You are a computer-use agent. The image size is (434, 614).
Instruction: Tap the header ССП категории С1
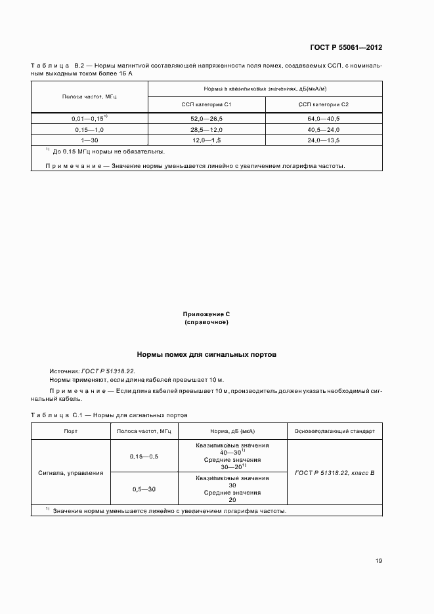(x=206, y=105)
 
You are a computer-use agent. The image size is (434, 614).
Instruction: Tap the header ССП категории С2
(x=323, y=105)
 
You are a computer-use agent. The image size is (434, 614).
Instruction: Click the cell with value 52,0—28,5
(x=206, y=119)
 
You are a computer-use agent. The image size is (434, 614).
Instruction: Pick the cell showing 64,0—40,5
(x=323, y=119)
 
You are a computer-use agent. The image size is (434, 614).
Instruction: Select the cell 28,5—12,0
(x=206, y=130)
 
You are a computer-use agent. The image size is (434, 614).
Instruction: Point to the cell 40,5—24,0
(x=323, y=130)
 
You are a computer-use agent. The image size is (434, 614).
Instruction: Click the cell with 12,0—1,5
(x=206, y=140)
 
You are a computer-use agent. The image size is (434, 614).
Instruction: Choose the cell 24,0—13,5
(x=323, y=140)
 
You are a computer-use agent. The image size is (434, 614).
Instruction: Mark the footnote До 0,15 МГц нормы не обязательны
(x=108, y=152)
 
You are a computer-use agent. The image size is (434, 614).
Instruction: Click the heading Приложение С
(x=206, y=315)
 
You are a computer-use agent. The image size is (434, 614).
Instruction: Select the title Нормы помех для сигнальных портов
(x=206, y=354)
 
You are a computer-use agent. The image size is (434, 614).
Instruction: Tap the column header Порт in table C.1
(x=70, y=432)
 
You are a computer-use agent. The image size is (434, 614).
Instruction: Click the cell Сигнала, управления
(x=70, y=472)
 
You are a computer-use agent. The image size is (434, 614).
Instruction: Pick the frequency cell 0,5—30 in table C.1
(x=143, y=489)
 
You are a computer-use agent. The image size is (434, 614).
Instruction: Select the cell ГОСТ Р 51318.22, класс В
(x=335, y=472)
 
